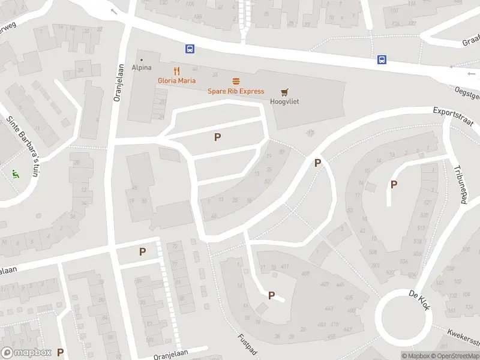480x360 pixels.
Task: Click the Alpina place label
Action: [x=142, y=68]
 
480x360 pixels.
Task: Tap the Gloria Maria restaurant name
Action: [x=176, y=80]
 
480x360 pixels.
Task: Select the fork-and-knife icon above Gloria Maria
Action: [x=176, y=70]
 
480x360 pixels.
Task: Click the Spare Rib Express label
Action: [x=236, y=91]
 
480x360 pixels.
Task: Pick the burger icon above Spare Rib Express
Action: [x=236, y=81]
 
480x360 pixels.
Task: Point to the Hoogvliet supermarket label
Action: [x=284, y=101]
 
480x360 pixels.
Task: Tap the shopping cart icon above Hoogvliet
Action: [x=284, y=92]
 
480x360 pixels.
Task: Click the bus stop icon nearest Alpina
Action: [x=190, y=49]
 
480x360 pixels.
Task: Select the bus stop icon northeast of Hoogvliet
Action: [x=382, y=59]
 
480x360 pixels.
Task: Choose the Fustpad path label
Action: [x=247, y=344]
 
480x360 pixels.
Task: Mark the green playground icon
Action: [x=16, y=174]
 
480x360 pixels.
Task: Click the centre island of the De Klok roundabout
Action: [x=403, y=316]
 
